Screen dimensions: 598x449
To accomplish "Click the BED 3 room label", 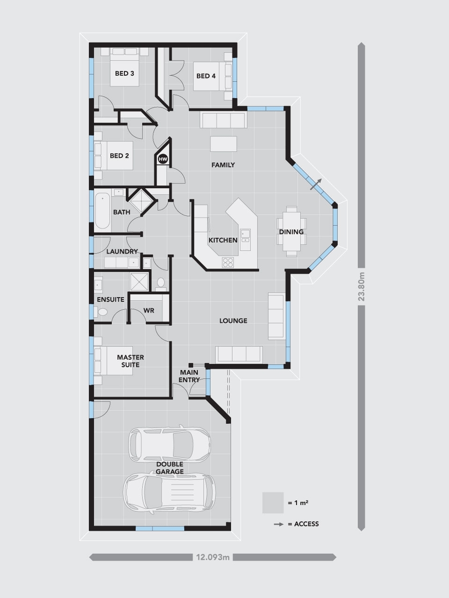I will click(x=124, y=73).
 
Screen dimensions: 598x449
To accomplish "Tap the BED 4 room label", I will click(x=206, y=76).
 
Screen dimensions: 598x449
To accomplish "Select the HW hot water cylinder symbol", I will click(x=163, y=159).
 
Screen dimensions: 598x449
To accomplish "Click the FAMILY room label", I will click(x=223, y=165).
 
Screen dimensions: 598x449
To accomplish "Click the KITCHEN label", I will click(x=223, y=240).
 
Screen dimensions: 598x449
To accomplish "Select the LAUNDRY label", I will click(x=122, y=251).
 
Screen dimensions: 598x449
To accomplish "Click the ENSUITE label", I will click(x=110, y=299).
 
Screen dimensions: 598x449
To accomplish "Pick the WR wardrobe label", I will click(x=149, y=310).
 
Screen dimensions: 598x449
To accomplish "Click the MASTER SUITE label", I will click(x=130, y=361).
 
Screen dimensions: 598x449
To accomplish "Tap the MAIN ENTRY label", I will click(x=189, y=376).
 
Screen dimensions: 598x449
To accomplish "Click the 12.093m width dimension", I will click(x=213, y=557).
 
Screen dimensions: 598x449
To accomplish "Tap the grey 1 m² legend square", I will click(x=273, y=503).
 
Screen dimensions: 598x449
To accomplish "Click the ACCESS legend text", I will click(x=306, y=524).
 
